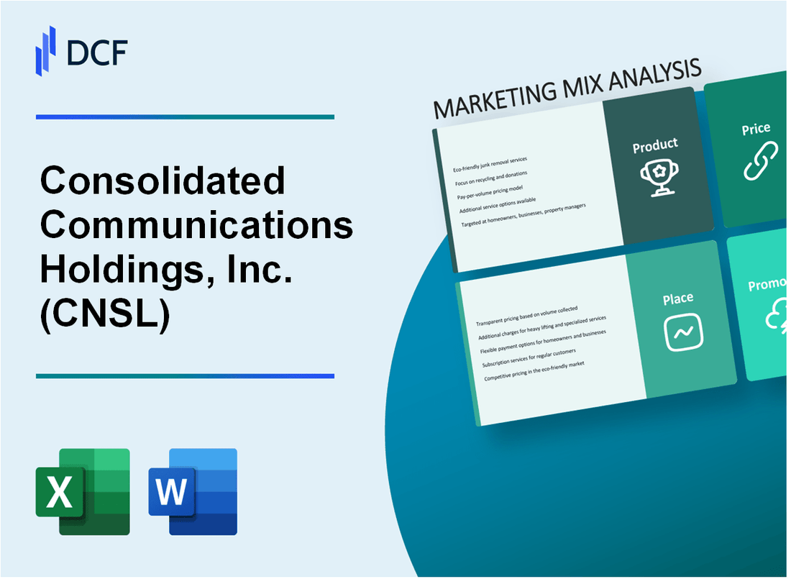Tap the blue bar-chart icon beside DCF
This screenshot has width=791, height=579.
[x=46, y=50]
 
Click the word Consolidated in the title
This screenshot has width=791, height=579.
[x=163, y=181]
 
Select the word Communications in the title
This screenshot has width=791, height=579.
[x=196, y=225]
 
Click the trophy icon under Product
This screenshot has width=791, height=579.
[x=656, y=175]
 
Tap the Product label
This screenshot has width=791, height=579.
[x=655, y=146]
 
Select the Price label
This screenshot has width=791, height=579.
[x=756, y=129]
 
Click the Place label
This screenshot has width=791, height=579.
[x=678, y=298]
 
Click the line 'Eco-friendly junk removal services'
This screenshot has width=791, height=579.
[x=490, y=164]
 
